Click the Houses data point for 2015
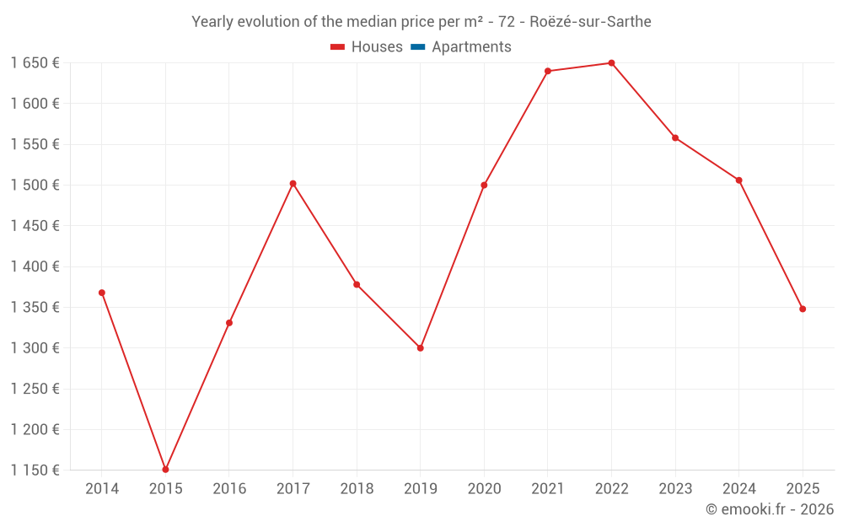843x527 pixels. [x=165, y=470]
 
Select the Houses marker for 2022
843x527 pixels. [x=611, y=63]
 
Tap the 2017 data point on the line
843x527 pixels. [x=293, y=183]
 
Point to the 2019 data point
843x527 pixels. [x=421, y=347]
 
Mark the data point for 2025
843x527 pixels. [x=803, y=309]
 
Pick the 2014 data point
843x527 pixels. [x=102, y=293]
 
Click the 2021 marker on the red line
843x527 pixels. [x=548, y=71]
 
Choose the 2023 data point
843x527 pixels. [x=675, y=137]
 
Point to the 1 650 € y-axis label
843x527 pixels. [x=35, y=63]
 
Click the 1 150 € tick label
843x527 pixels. [x=35, y=470]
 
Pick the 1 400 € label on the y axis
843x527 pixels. [x=35, y=266]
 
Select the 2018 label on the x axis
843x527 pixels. [x=357, y=488]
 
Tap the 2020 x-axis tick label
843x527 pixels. [x=484, y=488]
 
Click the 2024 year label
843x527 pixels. [x=739, y=488]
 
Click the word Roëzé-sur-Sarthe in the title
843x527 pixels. [x=590, y=22]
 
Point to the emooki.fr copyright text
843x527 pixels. [x=770, y=509]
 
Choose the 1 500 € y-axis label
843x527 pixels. [x=35, y=185]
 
